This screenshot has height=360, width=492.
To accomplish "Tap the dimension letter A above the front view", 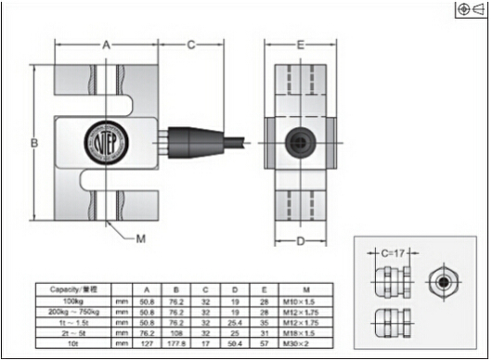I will [x=107, y=45].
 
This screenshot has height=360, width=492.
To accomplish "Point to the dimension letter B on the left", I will [x=33, y=143].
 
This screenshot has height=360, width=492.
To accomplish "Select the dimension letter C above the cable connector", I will [x=190, y=45].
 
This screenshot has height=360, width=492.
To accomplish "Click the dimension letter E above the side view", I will [x=300, y=45].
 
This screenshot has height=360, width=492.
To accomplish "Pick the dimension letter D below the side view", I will [x=300, y=242].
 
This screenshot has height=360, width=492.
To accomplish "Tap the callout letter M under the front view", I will [x=141, y=238].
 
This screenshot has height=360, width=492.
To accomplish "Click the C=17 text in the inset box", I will [x=394, y=251].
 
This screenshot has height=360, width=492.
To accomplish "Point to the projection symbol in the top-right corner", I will [x=472, y=9].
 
